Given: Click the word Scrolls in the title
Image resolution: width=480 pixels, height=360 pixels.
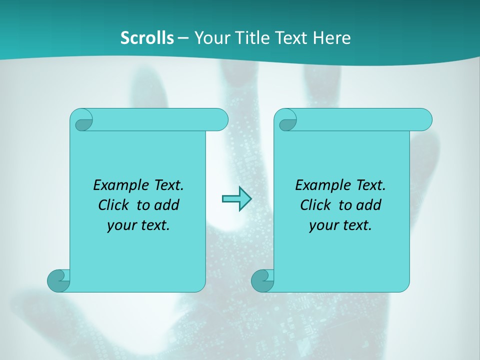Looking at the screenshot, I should (x=147, y=38).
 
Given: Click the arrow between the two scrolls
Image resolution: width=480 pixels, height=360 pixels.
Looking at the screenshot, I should (x=236, y=198).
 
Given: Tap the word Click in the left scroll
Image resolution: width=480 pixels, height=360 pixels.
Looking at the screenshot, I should (x=109, y=205).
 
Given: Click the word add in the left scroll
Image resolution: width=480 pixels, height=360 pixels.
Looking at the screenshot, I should (x=167, y=205).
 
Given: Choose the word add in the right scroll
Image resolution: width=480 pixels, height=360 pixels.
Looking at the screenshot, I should (x=369, y=205).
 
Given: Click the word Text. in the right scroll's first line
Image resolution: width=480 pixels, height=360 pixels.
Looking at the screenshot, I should (x=370, y=185).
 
